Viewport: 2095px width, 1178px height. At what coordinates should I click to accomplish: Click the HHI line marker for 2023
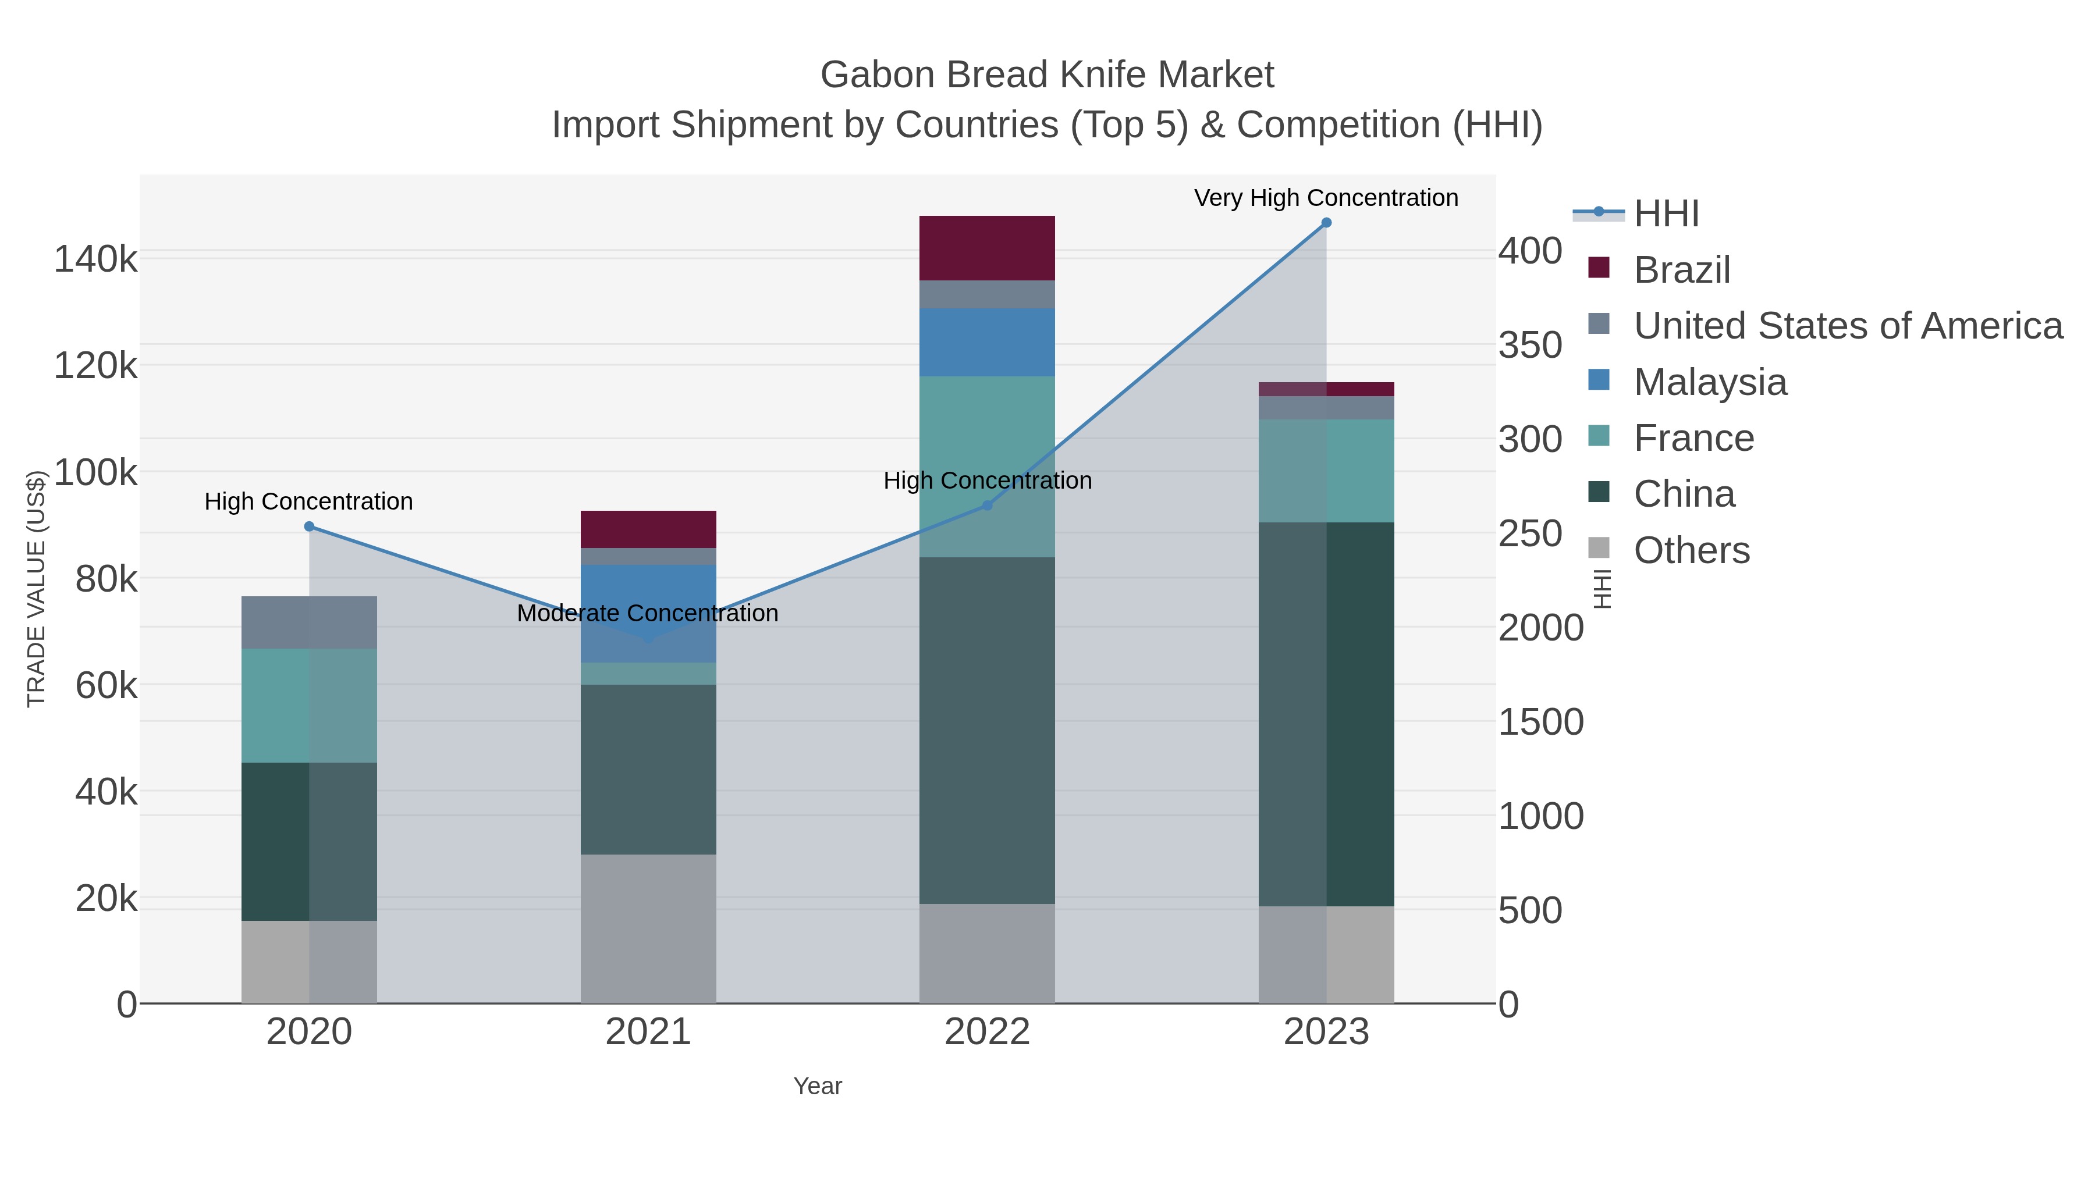click(x=1326, y=223)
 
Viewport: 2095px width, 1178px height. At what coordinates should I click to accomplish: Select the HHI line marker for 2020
click(x=309, y=527)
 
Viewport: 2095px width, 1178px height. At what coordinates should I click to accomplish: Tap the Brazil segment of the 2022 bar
click(x=986, y=248)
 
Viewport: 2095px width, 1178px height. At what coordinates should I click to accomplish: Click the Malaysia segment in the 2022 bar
click(x=986, y=342)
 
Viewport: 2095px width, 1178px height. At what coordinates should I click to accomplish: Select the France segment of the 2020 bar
click(x=309, y=705)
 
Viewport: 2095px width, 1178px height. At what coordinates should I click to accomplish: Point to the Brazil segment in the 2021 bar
click(x=648, y=529)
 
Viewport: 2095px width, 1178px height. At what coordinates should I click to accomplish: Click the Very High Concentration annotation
click(x=1326, y=198)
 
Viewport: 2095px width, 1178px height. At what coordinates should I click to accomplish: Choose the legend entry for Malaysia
click(x=1710, y=382)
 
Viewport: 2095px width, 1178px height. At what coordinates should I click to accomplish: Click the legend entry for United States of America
click(x=1847, y=326)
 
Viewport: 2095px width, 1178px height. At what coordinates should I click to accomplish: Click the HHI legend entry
click(x=1666, y=214)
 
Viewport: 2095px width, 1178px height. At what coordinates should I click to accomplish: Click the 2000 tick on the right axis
click(x=1540, y=628)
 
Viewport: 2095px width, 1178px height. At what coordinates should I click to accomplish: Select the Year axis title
click(x=818, y=1086)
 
